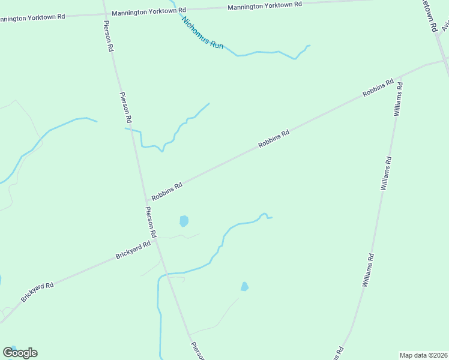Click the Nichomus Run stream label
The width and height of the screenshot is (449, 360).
(x=202, y=32)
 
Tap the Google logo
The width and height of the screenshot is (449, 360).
(x=20, y=353)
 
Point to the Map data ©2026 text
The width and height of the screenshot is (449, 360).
(x=424, y=355)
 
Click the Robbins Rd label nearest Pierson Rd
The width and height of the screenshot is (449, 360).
(x=167, y=192)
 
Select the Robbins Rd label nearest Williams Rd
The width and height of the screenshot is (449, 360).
(x=378, y=87)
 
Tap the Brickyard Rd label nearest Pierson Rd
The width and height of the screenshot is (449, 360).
(x=133, y=250)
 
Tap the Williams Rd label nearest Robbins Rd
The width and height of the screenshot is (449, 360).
(x=397, y=99)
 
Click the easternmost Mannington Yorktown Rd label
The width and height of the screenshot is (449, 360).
(x=265, y=6)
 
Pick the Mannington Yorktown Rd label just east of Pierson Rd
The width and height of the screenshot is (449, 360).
(x=149, y=11)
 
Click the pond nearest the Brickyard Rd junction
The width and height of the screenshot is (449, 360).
(x=184, y=221)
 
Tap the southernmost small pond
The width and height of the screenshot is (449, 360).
(x=244, y=287)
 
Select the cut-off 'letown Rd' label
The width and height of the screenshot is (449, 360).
(x=429, y=18)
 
